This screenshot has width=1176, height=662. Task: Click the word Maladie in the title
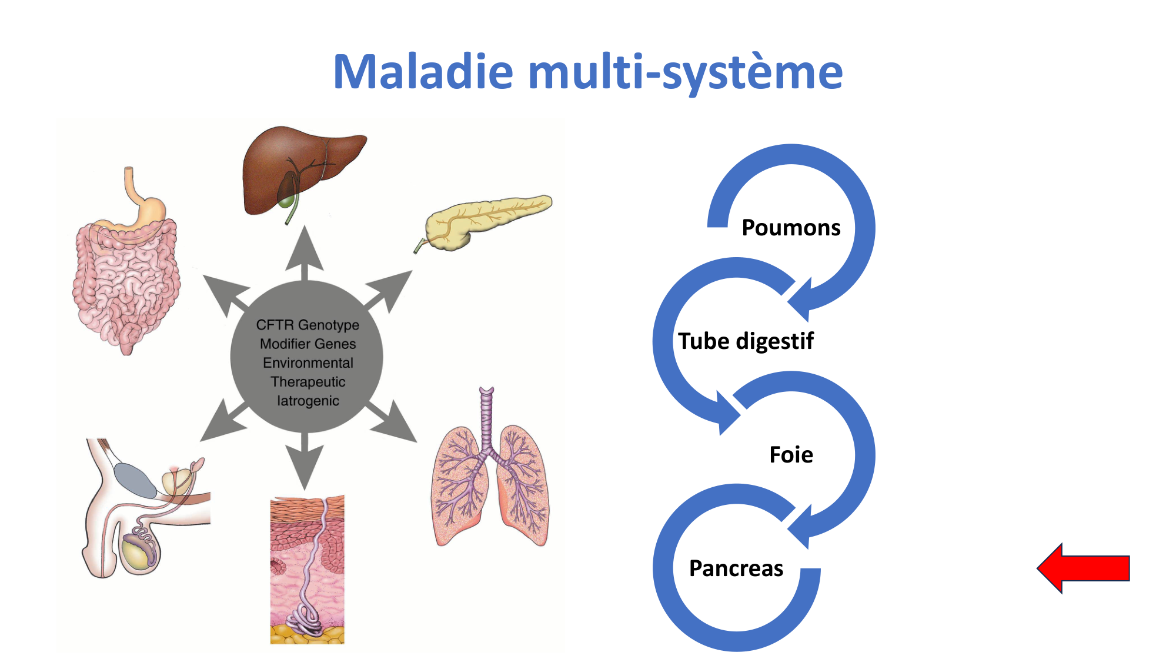[x=423, y=72]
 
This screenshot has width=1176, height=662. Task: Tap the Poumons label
[x=791, y=228]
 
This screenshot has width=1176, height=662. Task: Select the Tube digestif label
[x=746, y=341]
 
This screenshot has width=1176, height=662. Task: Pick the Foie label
[x=791, y=455]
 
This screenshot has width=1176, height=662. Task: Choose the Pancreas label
[x=736, y=568]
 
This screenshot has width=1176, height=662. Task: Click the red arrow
[x=1083, y=568]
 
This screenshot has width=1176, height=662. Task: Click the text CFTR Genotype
[x=308, y=325]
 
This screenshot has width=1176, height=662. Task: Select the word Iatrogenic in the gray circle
[x=308, y=401]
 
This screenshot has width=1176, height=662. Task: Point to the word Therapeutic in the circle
[x=308, y=382]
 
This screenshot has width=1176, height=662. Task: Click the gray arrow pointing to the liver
[x=305, y=253]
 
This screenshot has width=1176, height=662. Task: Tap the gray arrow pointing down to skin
[x=305, y=462]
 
